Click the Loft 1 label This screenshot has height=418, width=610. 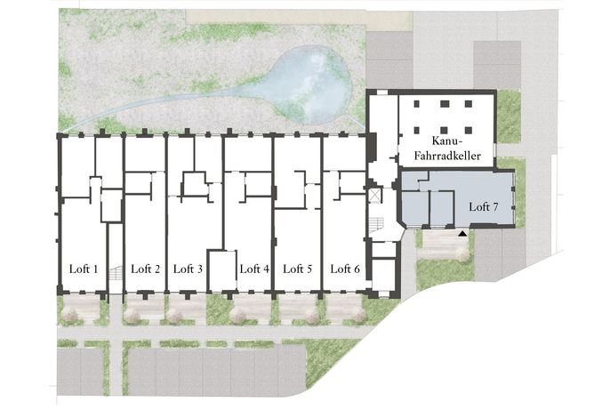tap(84, 269)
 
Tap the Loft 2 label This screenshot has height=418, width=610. tap(145, 269)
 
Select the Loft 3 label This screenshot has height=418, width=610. tap(188, 269)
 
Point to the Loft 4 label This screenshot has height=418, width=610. tap(254, 269)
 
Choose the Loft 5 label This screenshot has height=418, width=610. tap(298, 269)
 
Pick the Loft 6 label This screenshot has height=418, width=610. tap(345, 269)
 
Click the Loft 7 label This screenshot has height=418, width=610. tap(484, 206)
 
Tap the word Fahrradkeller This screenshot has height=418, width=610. tap(447, 156)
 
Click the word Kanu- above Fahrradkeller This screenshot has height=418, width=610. tap(446, 141)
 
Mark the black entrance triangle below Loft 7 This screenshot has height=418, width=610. tap(462, 234)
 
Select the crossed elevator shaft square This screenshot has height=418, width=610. tap(375, 196)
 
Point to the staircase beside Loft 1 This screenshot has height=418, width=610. tap(116, 272)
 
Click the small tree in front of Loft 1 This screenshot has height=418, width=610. tap(70, 315)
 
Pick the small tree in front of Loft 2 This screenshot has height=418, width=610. tap(132, 316)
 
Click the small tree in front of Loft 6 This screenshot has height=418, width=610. tap(357, 315)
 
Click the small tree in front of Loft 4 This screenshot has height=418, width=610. tap(238, 315)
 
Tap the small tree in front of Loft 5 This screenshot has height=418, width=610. tap(312, 316)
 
